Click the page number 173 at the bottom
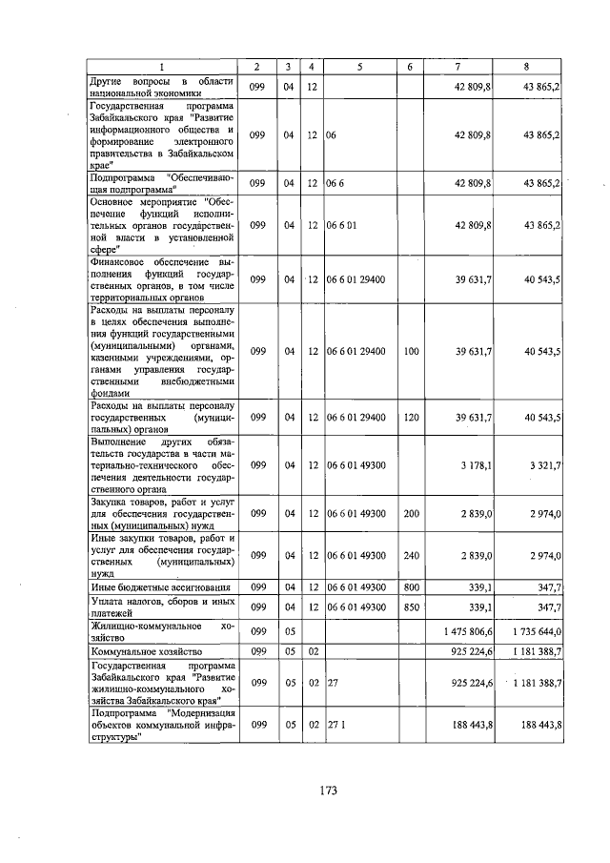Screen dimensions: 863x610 click(330, 790)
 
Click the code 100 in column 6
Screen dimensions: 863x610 click(411, 352)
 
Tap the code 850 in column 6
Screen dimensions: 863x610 click(411, 606)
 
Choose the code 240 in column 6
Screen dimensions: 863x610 click(411, 555)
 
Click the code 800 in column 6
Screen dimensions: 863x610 click(411, 586)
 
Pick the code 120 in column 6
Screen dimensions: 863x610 click(411, 417)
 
